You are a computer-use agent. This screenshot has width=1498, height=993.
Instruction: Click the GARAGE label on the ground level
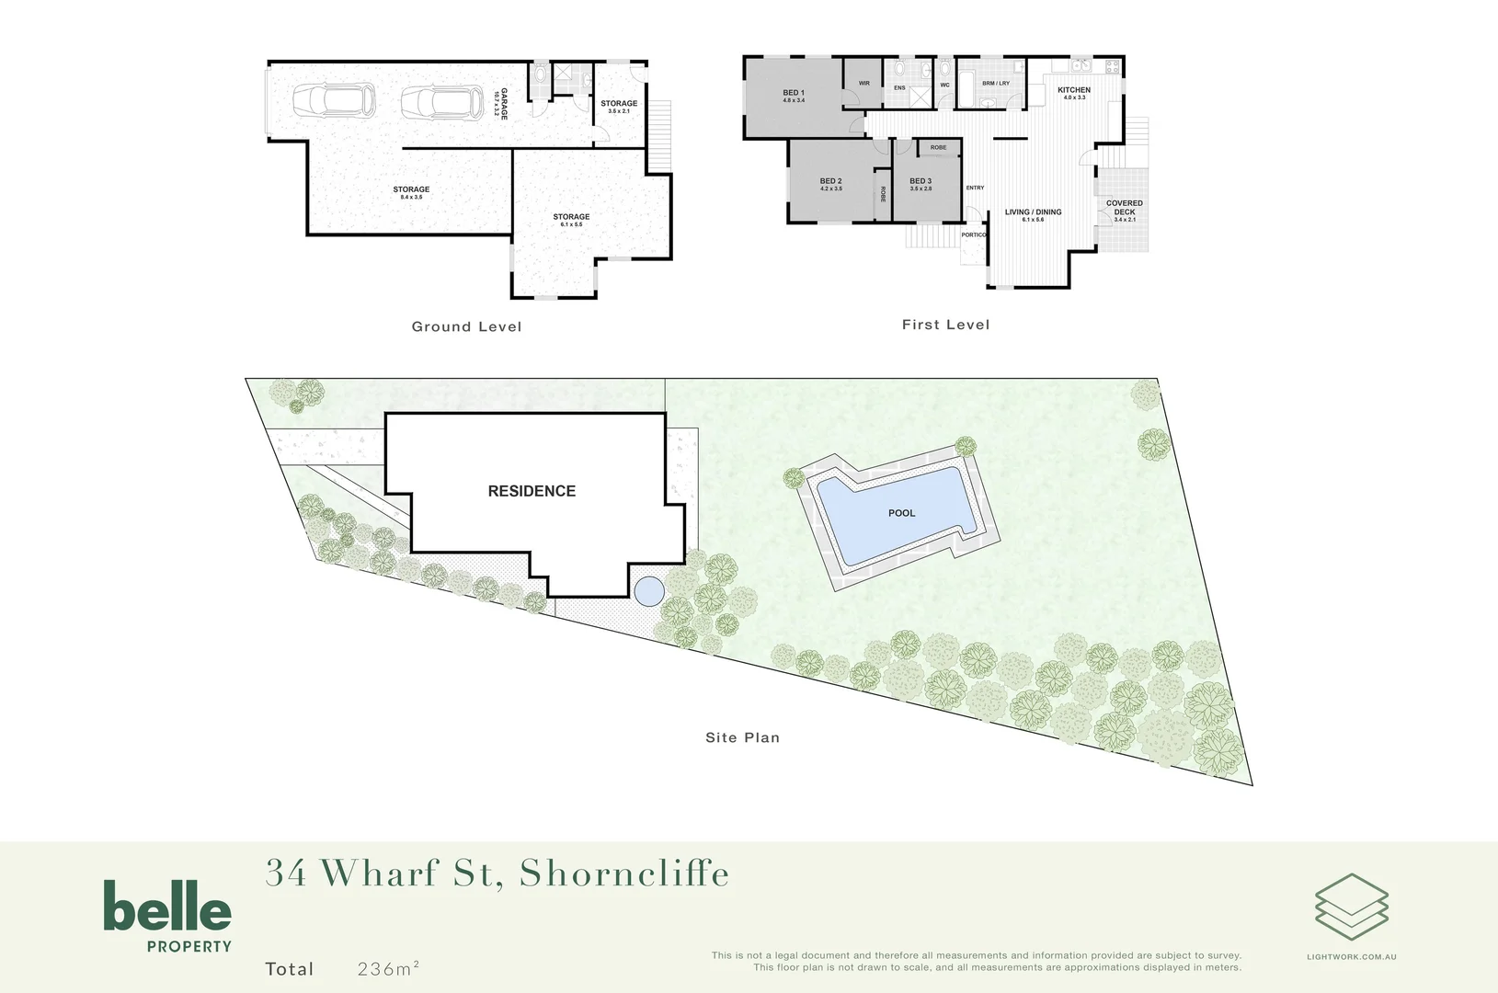(x=502, y=104)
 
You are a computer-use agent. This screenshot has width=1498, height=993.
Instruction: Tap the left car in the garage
(x=335, y=100)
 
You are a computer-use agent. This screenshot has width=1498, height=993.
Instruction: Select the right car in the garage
(x=442, y=102)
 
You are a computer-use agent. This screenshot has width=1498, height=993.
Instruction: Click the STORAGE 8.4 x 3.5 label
(x=411, y=192)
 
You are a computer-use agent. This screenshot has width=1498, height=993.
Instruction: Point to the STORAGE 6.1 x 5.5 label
(x=571, y=220)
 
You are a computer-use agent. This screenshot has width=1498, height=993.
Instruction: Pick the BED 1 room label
(x=794, y=96)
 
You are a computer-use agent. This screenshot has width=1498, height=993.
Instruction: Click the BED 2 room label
(x=830, y=184)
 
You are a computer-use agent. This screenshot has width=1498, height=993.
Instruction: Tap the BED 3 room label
(x=921, y=184)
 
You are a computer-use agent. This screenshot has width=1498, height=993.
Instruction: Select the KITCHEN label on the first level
(x=1074, y=93)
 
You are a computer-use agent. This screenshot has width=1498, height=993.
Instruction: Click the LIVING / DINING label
(x=1033, y=215)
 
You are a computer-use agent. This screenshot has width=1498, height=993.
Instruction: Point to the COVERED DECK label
(x=1125, y=211)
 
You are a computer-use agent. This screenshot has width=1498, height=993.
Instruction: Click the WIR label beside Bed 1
(x=863, y=84)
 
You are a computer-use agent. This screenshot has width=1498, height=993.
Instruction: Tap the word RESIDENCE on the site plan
(x=532, y=491)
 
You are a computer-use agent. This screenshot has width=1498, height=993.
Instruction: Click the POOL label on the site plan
(x=901, y=513)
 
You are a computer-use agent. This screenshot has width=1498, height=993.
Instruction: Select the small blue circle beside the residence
(x=649, y=590)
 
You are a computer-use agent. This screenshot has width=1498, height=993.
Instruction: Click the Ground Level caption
(x=466, y=326)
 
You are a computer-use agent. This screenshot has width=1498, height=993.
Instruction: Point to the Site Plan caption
(x=742, y=737)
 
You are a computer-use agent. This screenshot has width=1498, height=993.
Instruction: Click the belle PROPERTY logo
(x=167, y=916)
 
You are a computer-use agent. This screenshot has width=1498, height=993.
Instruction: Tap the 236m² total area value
(x=388, y=968)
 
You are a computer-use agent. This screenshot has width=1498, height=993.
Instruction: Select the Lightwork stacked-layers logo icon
(x=1351, y=907)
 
